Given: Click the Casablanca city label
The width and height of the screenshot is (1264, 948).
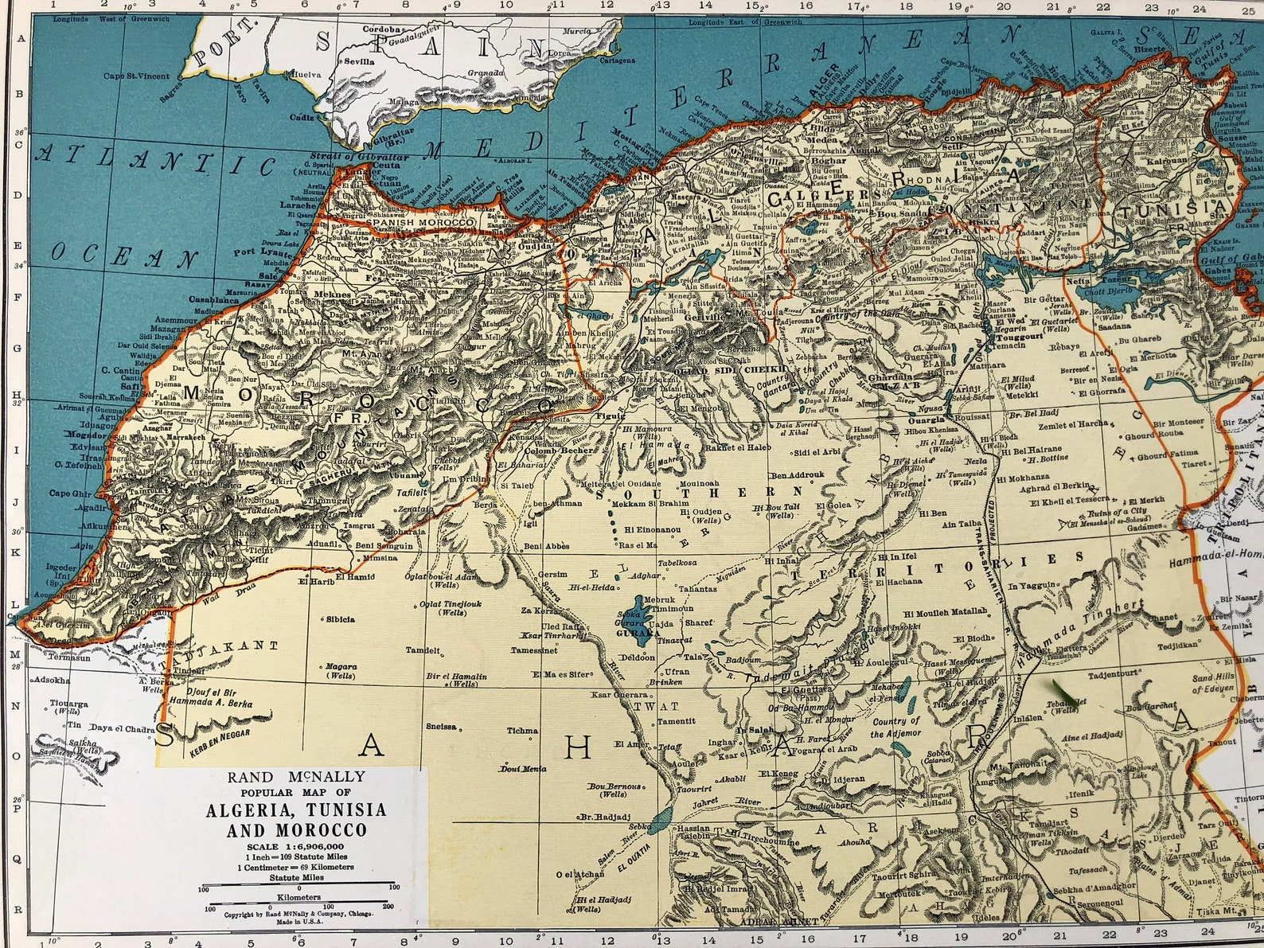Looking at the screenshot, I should pyautogui.click(x=214, y=300).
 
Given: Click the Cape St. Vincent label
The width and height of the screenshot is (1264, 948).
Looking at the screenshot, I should pyautogui.click(x=136, y=76).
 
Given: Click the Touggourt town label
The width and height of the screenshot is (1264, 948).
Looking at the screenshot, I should pyautogui.click(x=1019, y=337).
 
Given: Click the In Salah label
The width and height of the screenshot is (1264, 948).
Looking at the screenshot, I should pyautogui.click(x=754, y=730).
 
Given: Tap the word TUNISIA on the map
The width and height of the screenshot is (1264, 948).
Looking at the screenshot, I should pyautogui.click(x=1172, y=209).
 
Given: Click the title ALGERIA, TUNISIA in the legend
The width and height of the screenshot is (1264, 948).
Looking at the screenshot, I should pyautogui.click(x=296, y=810).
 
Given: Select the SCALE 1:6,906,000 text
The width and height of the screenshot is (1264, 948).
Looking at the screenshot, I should pyautogui.click(x=296, y=845).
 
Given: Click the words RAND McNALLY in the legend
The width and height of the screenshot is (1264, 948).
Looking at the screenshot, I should pyautogui.click(x=296, y=777).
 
